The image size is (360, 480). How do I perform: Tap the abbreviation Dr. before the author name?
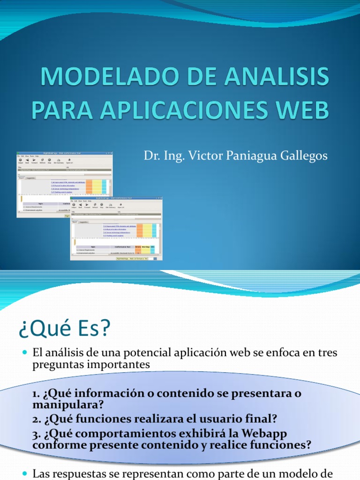[153, 156]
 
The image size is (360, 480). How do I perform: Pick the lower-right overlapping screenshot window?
[116, 230]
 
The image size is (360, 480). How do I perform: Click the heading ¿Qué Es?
[64, 329]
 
